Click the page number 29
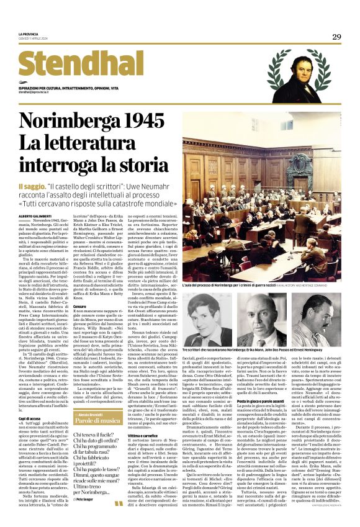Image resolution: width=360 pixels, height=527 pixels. coord(336,37)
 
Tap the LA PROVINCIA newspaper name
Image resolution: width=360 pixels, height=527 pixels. coord(29,34)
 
